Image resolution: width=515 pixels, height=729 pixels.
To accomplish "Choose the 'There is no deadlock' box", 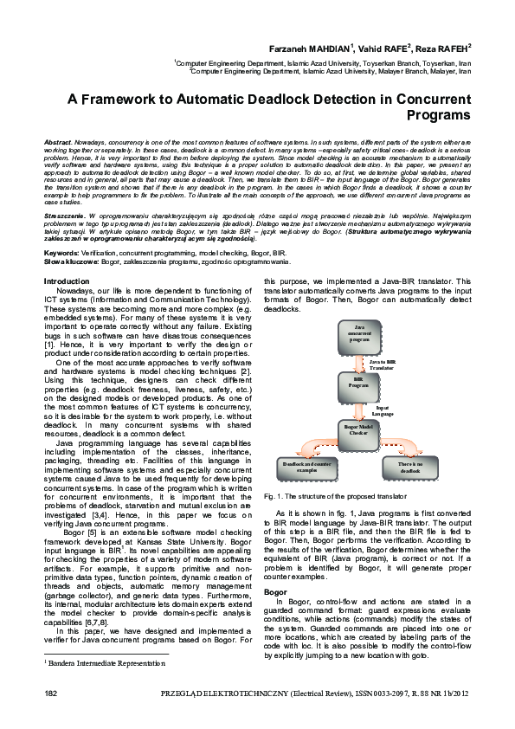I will (x=410, y=468).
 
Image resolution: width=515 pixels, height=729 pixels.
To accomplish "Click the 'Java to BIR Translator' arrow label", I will (x=382, y=364).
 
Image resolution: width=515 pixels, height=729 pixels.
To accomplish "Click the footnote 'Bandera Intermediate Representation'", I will (x=105, y=662).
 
